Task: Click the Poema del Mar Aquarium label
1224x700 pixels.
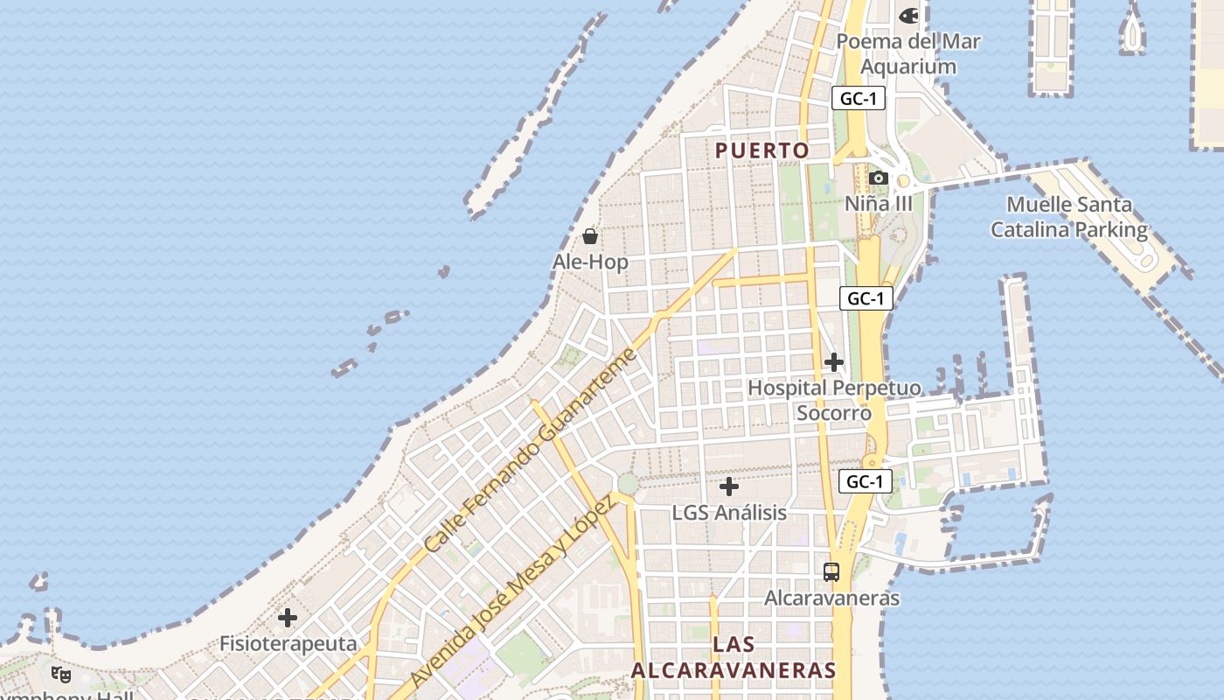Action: pos(908,53)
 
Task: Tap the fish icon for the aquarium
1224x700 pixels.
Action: pos(909,15)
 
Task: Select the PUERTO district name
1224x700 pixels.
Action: pos(762,150)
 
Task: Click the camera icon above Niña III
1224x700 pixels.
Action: pos(879,178)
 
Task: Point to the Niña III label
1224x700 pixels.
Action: pos(879,204)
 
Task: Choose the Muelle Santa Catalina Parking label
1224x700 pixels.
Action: pos(1069,217)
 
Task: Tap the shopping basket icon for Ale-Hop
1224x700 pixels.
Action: pos(590,236)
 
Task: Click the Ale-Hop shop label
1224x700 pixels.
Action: pos(590,262)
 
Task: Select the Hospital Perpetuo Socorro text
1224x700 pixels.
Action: pos(834,400)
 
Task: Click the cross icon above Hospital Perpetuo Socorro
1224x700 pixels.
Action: pos(834,361)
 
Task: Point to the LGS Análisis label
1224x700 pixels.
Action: pos(729,513)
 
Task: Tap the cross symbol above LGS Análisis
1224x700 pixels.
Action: pos(729,486)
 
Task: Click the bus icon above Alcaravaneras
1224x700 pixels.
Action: pos(831,572)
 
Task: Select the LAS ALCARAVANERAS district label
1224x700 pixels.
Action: pos(734,657)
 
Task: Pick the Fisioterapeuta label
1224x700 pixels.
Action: pos(288,644)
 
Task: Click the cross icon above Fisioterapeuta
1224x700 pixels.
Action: pos(288,618)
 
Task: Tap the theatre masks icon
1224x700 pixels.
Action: pos(61,675)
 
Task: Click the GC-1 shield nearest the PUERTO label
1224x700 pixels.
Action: pos(858,99)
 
